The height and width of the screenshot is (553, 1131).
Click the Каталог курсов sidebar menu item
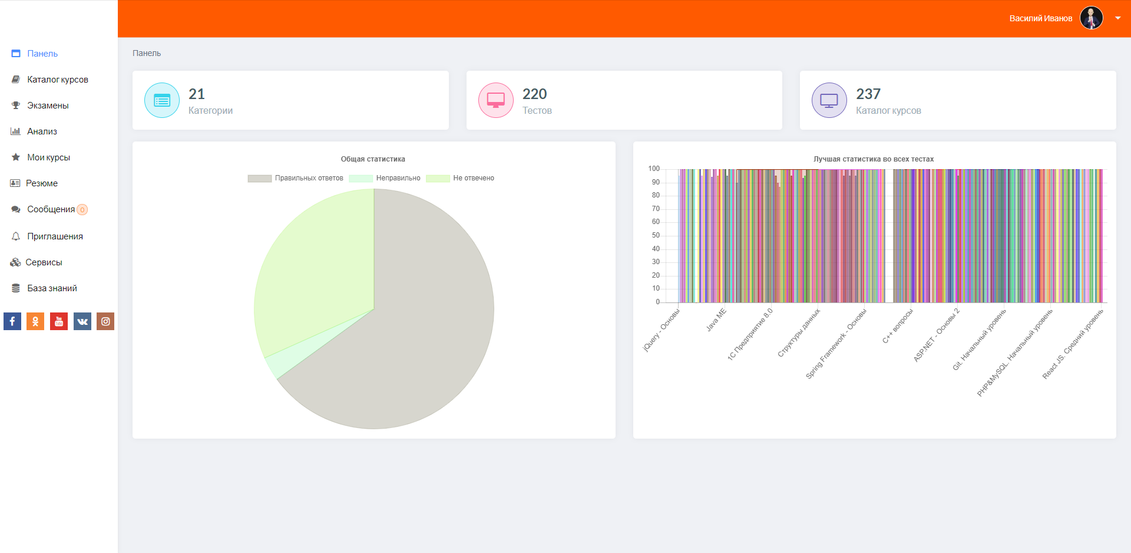(57, 80)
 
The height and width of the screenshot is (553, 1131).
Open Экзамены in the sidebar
(48, 106)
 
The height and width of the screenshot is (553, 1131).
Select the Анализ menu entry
(42, 131)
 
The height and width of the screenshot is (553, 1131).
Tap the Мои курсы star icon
(16, 157)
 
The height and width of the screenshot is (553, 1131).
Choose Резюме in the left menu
(41, 183)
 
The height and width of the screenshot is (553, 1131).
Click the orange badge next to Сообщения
(82, 210)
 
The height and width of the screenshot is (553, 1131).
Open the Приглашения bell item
(54, 236)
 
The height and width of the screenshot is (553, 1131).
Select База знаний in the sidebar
(52, 288)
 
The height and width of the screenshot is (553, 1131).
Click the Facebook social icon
(12, 321)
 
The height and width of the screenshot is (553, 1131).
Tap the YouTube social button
(59, 321)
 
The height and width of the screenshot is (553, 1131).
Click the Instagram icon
(105, 321)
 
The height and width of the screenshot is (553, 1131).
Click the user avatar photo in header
(1091, 18)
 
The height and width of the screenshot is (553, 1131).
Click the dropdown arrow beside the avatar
(1117, 18)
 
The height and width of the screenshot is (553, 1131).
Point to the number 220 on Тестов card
(534, 94)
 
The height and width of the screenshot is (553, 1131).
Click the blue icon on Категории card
(162, 100)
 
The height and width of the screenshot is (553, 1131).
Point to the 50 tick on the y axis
(656, 235)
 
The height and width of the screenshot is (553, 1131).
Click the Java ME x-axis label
(716, 320)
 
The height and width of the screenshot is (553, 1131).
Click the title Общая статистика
(373, 159)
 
